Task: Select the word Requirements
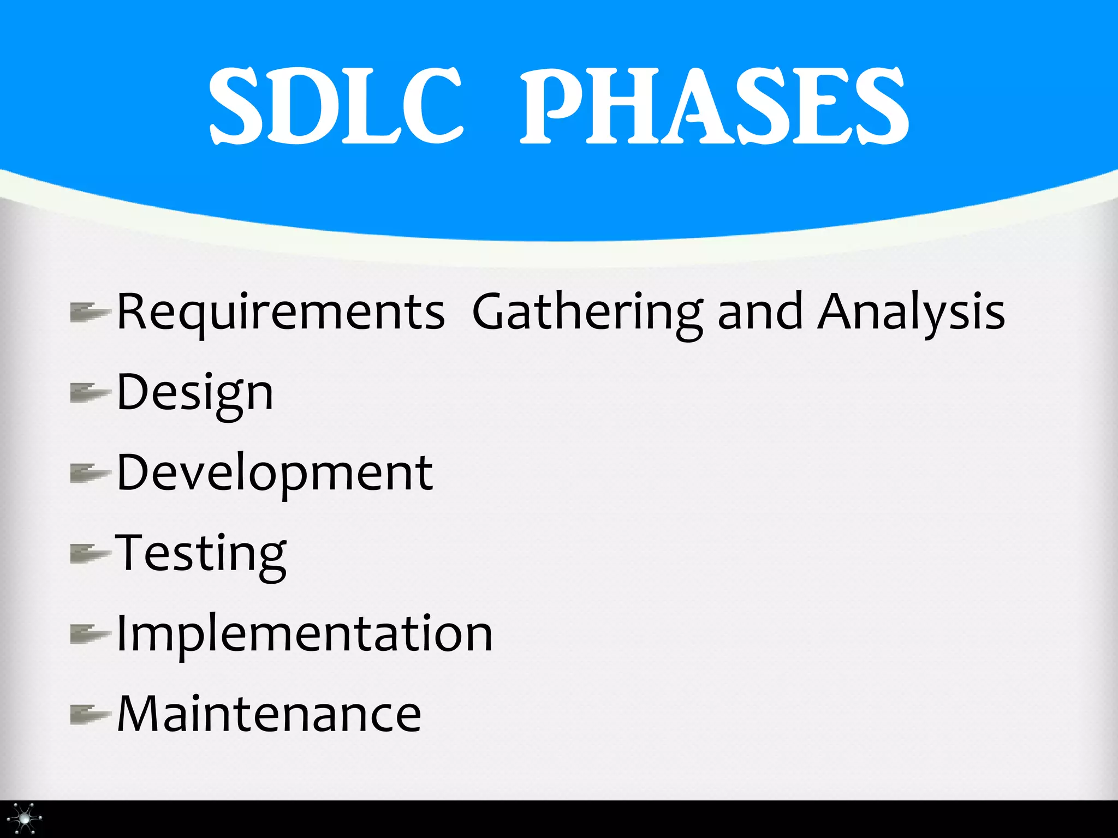(281, 312)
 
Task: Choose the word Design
(195, 393)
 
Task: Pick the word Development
(275, 472)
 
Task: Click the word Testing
(201, 553)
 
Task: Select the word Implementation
(305, 633)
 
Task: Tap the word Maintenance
(269, 714)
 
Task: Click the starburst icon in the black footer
(25, 818)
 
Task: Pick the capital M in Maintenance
(140, 714)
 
